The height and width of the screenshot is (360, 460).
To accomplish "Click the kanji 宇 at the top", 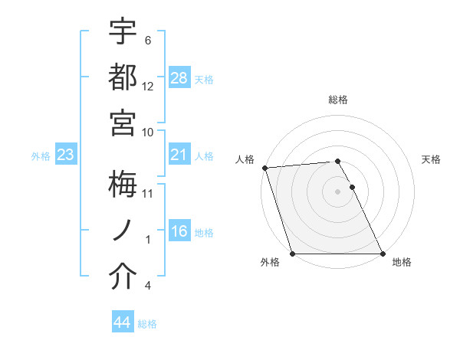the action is pyautogui.click(x=123, y=32).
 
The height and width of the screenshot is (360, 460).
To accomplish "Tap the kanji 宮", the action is pyautogui.click(x=123, y=122).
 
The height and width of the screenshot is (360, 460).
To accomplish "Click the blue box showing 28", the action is pyautogui.click(x=179, y=78).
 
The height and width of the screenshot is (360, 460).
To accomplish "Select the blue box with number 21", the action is pyautogui.click(x=179, y=155).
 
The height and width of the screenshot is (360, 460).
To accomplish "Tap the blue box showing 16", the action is pyautogui.click(x=179, y=232).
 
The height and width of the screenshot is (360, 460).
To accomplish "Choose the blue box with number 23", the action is pyautogui.click(x=65, y=155).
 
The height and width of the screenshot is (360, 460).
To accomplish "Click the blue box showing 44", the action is pyautogui.click(x=122, y=323).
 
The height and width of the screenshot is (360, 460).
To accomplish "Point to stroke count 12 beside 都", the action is pyautogui.click(x=148, y=86).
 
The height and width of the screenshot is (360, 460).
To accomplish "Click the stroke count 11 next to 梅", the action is pyautogui.click(x=148, y=194).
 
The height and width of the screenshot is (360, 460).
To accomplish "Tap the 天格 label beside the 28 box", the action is pyautogui.click(x=204, y=79).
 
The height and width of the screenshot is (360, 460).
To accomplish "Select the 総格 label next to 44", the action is pyautogui.click(x=147, y=324).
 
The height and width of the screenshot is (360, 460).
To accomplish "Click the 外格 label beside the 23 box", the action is pyautogui.click(x=41, y=156).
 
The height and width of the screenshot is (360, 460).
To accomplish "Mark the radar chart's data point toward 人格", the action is pyautogui.click(x=264, y=168).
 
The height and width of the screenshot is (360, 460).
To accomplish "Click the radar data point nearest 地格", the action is pyautogui.click(x=382, y=254).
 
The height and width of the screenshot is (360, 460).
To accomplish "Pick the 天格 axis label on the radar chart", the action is pyautogui.click(x=431, y=159).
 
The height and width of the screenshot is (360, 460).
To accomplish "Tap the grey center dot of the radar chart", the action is pyautogui.click(x=337, y=191).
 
